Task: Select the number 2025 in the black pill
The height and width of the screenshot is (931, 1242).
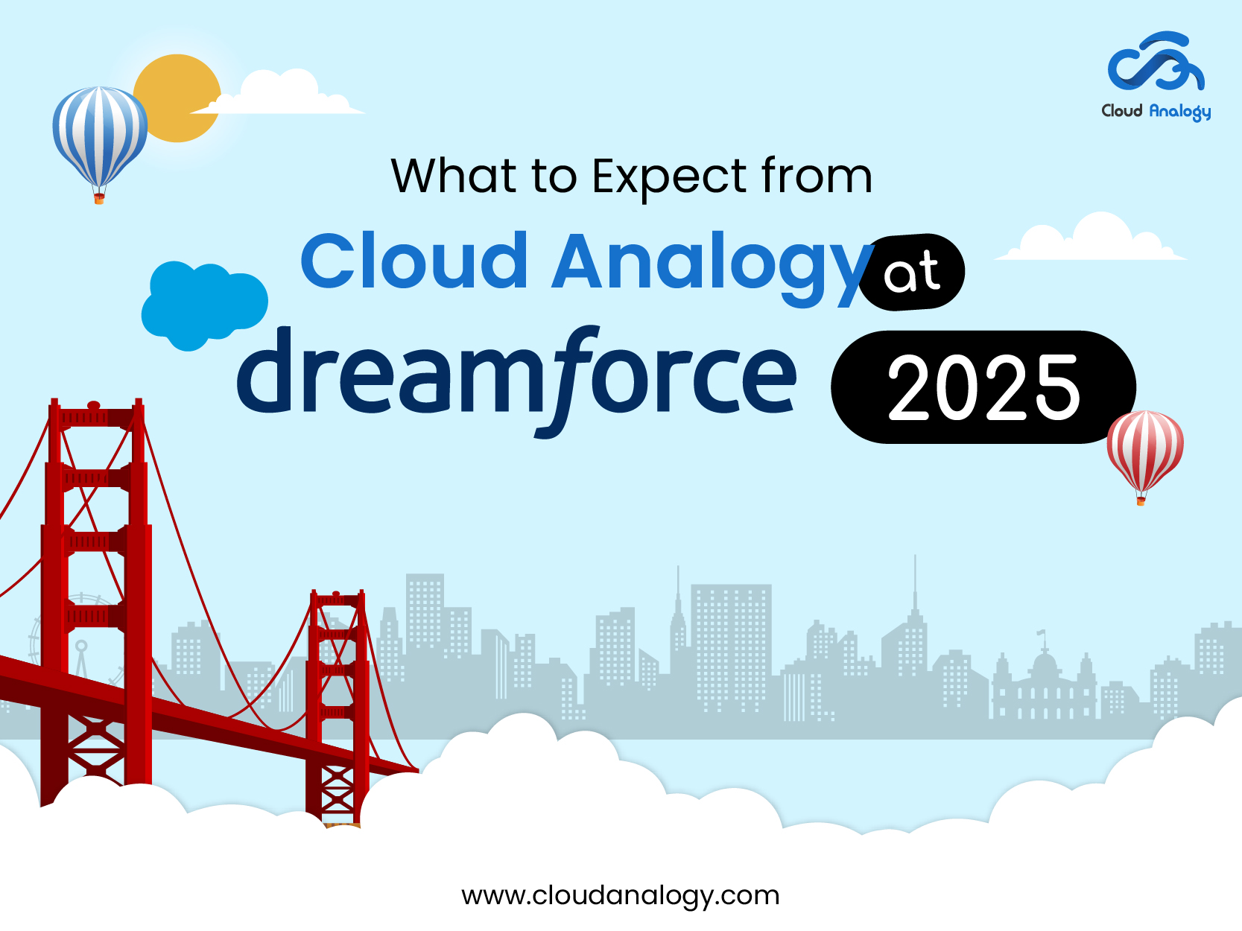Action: click(983, 388)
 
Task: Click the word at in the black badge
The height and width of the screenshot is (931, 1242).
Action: click(911, 272)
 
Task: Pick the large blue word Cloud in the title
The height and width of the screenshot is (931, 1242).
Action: click(414, 261)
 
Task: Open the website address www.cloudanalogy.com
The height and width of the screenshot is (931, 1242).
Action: click(620, 895)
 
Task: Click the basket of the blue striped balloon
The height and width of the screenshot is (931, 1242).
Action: click(99, 198)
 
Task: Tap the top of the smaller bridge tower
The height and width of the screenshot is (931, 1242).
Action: click(338, 598)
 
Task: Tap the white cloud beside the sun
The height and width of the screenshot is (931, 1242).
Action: click(283, 95)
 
